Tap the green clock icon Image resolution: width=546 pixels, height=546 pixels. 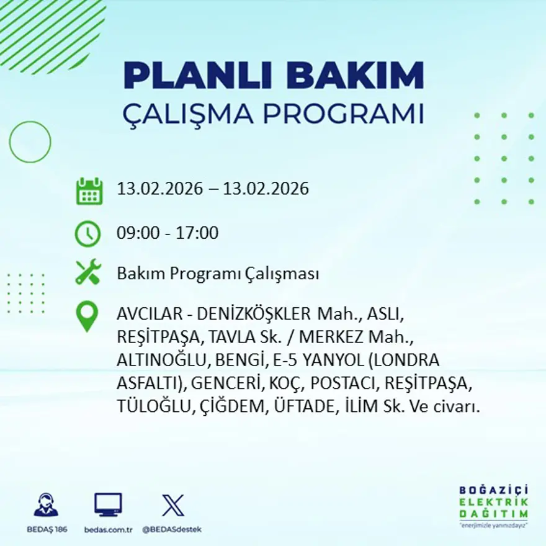pos(87,233)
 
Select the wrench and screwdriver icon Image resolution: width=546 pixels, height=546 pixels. pos(87,273)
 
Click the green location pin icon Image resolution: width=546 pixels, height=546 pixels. pos(87,316)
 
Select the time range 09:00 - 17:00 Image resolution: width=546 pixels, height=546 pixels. pos(168,233)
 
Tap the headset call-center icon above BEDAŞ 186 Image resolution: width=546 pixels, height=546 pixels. pos(46,505)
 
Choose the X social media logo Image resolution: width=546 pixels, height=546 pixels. pos(172,505)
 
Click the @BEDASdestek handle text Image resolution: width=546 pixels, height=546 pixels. pos(172,529)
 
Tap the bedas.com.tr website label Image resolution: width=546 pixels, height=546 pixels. pos(109,529)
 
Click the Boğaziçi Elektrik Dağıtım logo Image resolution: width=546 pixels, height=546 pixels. pos(493,506)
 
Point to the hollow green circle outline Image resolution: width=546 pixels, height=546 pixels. pos(30,142)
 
